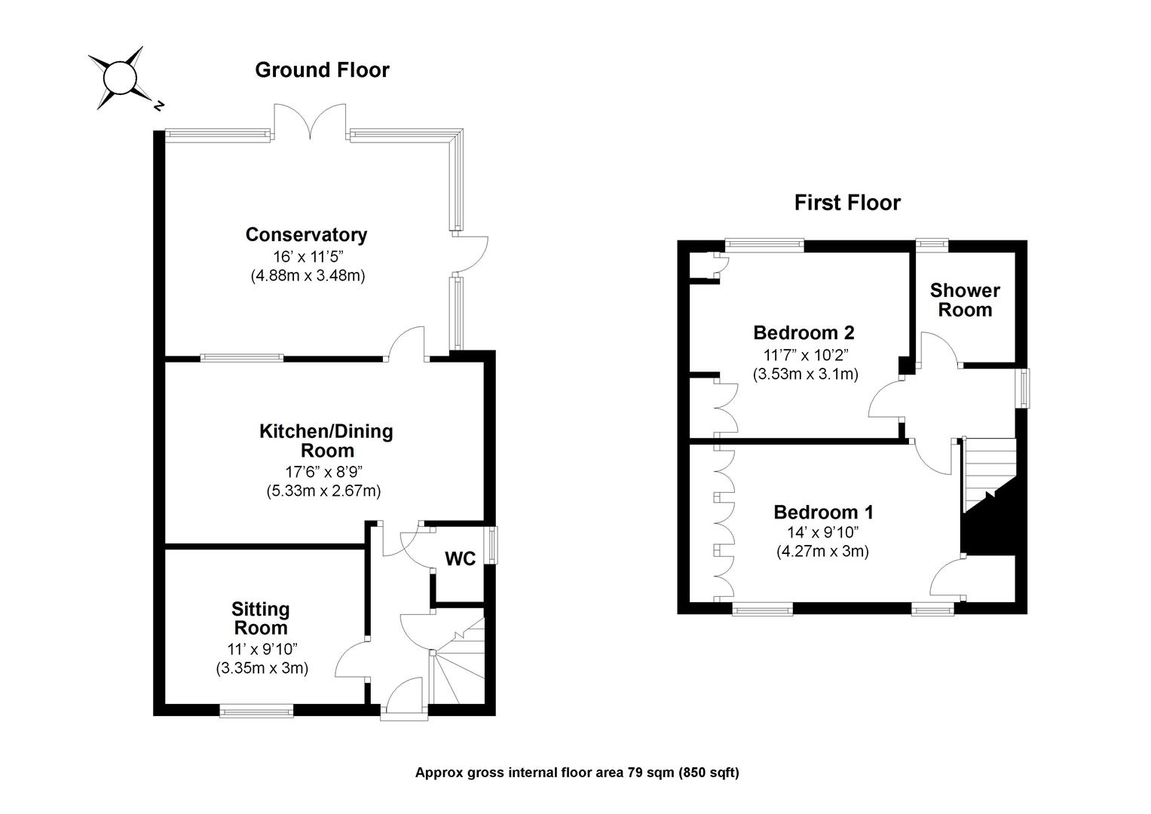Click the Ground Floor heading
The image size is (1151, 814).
pos(322,70)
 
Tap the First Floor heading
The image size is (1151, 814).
pos(847,203)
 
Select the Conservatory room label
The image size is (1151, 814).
pos(306,235)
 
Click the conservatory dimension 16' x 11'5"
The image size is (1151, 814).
pos(307,256)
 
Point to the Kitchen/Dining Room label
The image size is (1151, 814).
pos(326,441)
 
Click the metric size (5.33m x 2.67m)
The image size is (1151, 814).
pos(323,491)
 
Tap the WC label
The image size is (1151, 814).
pos(460,558)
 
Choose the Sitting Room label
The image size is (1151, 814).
pos(261,618)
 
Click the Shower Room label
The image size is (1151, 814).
pos(965,300)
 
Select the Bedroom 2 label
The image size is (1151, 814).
pos(804,332)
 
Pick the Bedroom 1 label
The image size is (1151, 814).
pos(823,513)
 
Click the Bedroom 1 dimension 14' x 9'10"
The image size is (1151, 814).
pos(822,532)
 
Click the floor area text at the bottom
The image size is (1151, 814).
pos(577,773)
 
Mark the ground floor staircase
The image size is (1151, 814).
pos(458,663)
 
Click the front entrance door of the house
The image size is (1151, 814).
pos(403,697)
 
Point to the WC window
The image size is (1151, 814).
pos(493,545)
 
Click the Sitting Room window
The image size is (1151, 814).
pos(256,710)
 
